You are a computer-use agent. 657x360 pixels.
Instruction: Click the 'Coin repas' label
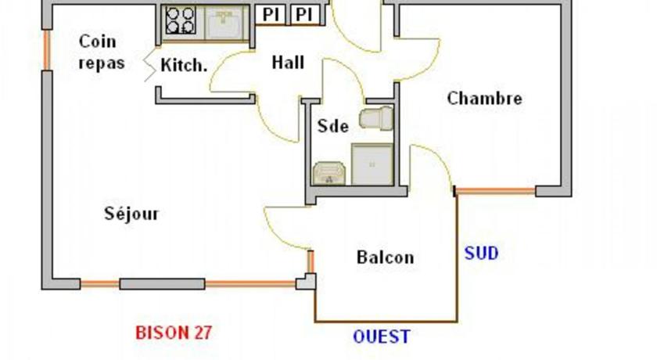click(x=102, y=52)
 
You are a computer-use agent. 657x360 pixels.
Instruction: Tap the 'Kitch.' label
click(x=184, y=65)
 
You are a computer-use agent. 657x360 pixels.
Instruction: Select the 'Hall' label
click(x=288, y=63)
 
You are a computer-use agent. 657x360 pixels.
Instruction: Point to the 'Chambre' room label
click(x=484, y=99)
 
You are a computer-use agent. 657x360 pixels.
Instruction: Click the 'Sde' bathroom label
click(x=333, y=126)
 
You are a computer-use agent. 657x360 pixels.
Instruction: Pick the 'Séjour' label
click(x=131, y=214)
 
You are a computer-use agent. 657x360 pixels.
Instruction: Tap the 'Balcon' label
click(x=385, y=257)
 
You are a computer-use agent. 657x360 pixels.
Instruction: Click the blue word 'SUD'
click(x=482, y=253)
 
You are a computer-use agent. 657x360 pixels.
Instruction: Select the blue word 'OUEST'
click(x=382, y=337)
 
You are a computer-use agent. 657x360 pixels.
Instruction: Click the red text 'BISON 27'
click(x=174, y=333)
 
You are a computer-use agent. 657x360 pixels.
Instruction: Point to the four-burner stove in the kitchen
click(x=180, y=20)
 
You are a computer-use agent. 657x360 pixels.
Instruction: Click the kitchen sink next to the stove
click(x=224, y=23)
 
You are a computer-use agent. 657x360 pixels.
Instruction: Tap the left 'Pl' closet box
click(x=271, y=15)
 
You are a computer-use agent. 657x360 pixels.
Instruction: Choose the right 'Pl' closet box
click(x=304, y=15)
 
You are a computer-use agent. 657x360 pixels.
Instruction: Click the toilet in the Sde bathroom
click(x=376, y=118)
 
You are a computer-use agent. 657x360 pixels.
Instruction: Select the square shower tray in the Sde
click(x=372, y=164)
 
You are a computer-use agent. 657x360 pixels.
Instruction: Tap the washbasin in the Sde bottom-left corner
click(x=329, y=173)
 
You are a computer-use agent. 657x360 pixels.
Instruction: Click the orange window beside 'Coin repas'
click(x=47, y=50)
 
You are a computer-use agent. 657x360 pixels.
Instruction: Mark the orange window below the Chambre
click(x=495, y=192)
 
